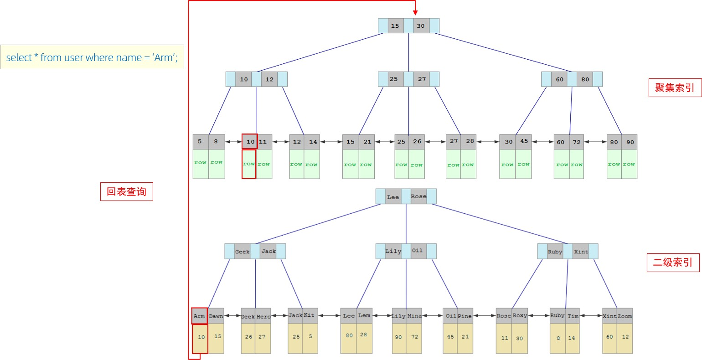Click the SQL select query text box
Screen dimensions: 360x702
pyautogui.click(x=92, y=57)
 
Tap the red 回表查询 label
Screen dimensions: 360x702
pyautogui.click(x=126, y=191)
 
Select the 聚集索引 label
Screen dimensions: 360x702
pyautogui.click(x=675, y=87)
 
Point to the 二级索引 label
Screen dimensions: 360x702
pyautogui.click(x=673, y=262)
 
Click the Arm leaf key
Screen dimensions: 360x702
pyautogui.click(x=199, y=316)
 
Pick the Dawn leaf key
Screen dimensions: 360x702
pyautogui.click(x=216, y=316)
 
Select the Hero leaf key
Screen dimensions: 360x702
pyautogui.click(x=263, y=316)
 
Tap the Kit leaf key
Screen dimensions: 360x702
pyautogui.click(x=310, y=315)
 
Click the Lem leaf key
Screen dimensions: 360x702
pyautogui.click(x=364, y=315)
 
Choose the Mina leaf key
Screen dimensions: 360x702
pyautogui.click(x=414, y=316)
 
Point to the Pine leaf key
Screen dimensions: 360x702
pyautogui.click(x=465, y=316)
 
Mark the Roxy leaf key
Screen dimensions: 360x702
pyautogui.click(x=520, y=315)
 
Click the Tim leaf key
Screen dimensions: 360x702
pyautogui.click(x=573, y=316)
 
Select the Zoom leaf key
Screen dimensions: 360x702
pyautogui.click(x=625, y=316)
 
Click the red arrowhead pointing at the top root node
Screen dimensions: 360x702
pyautogui.click(x=415, y=13)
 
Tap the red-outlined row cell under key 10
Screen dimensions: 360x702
pyautogui.click(x=249, y=164)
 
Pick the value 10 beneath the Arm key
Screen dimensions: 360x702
pyautogui.click(x=201, y=338)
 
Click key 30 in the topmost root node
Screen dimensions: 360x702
pyautogui.click(x=421, y=26)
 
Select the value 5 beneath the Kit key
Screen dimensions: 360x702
pyautogui.click(x=310, y=337)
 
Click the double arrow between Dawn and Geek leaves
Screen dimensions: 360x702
pyautogui.click(x=232, y=315)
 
